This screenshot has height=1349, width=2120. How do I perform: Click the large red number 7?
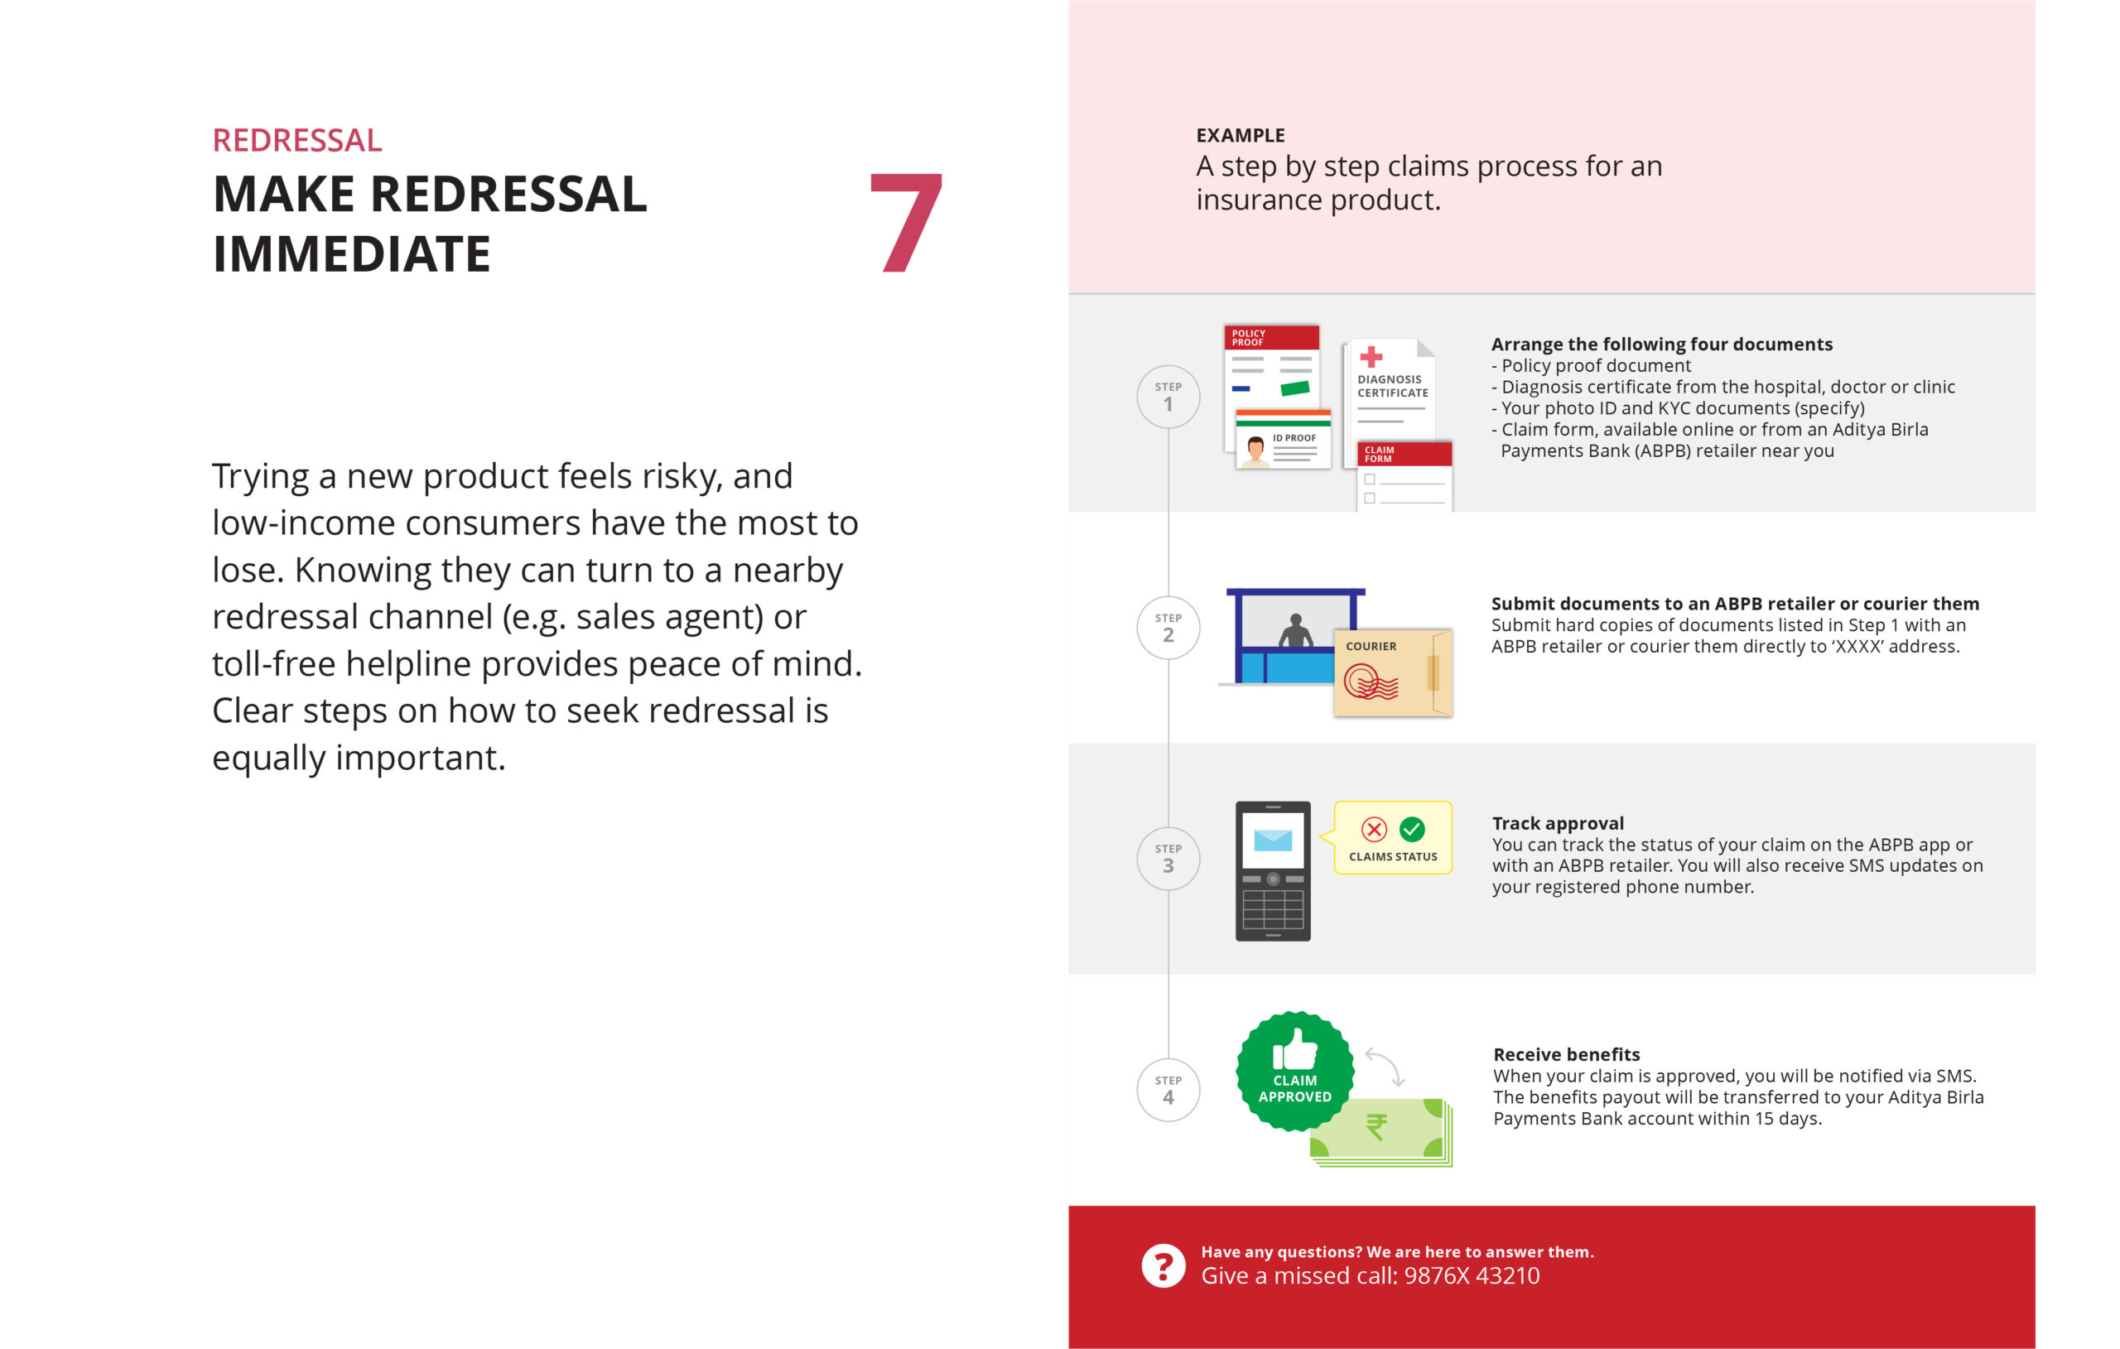point(906,222)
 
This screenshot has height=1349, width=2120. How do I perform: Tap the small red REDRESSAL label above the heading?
point(297,140)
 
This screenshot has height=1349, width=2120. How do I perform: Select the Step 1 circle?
point(1168,397)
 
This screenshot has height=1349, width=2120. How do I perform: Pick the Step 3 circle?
point(1168,860)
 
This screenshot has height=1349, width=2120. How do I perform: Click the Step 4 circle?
point(1168,1090)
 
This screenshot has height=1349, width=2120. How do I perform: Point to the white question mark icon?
point(1163,1266)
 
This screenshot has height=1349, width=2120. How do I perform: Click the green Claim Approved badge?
point(1295,1070)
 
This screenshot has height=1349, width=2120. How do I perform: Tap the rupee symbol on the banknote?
point(1376,1126)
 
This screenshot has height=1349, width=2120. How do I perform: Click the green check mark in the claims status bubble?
point(1412,830)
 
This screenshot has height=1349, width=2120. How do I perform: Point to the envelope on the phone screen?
point(1273,840)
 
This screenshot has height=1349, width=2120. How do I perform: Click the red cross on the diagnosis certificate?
point(1371,357)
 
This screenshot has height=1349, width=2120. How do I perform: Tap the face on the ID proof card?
point(1256,448)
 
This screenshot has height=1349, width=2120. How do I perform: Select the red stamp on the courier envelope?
point(1370,682)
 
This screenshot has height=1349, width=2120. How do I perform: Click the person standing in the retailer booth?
point(1295,631)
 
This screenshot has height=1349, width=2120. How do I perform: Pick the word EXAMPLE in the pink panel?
point(1241,136)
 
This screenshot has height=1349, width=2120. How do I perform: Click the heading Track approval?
point(1558,823)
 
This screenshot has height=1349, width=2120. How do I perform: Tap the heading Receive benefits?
point(1566,1054)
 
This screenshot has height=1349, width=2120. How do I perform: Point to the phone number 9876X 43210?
point(1472,1276)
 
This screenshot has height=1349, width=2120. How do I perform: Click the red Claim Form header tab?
point(1404,454)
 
